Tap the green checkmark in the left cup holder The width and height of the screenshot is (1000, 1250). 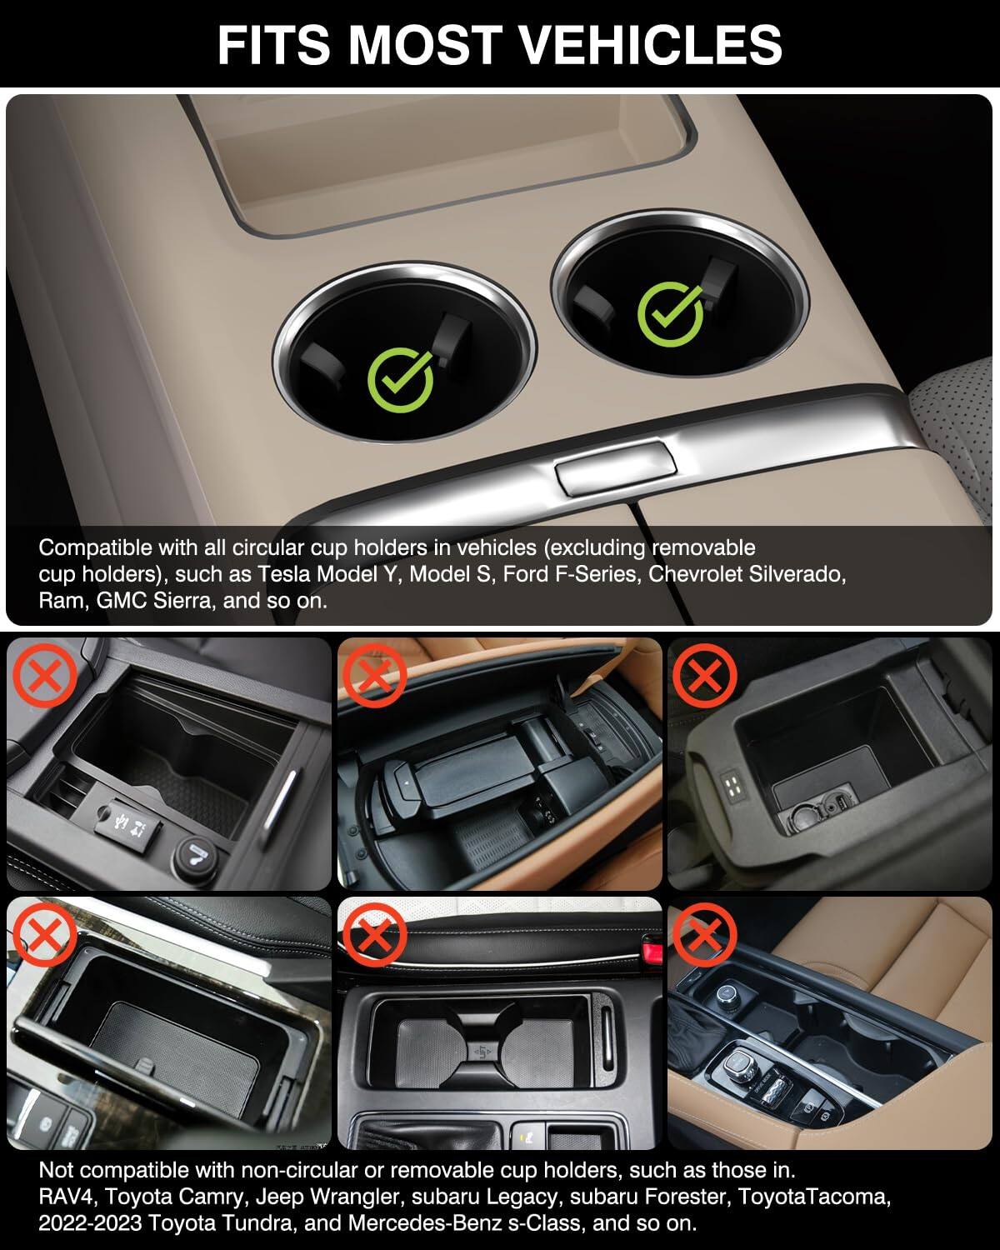point(401,380)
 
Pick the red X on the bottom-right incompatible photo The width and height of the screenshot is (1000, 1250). point(704,935)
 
